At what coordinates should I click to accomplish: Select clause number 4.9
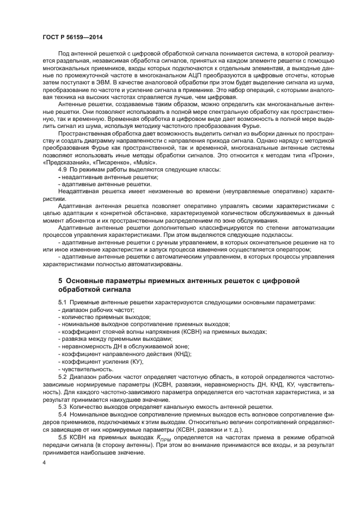tap(63, 170)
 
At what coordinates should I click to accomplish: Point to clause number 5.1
tap(63, 302)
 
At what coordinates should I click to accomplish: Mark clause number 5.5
tap(63, 437)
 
